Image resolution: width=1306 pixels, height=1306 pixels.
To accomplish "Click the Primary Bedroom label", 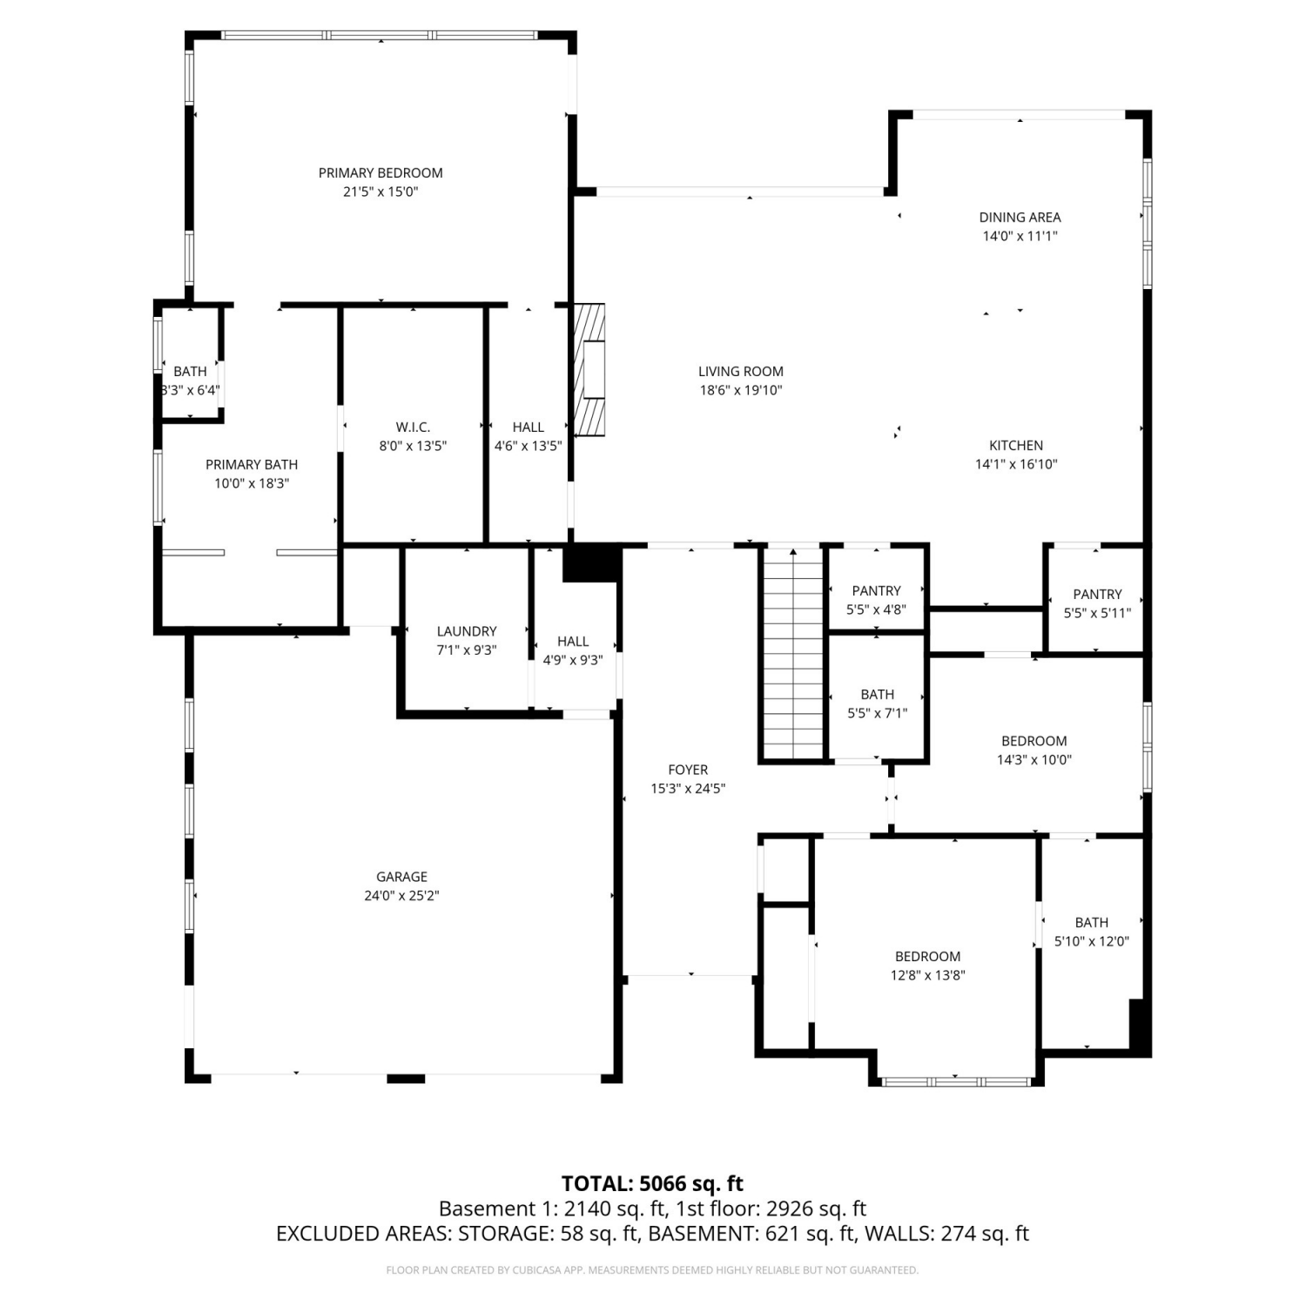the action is click(380, 172).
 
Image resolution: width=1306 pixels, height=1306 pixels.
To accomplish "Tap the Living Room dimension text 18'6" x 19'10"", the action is click(741, 390).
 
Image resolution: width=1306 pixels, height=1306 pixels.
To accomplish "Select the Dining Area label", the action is click(1020, 217).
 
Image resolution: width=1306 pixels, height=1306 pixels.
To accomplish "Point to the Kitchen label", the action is click(1016, 445).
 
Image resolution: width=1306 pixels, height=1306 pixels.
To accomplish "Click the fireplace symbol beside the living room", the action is click(589, 370).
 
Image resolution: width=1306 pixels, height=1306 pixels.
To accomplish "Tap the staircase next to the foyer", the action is click(793, 653).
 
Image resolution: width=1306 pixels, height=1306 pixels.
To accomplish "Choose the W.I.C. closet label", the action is click(413, 427).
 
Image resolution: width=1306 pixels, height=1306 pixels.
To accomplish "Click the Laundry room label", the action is click(467, 631).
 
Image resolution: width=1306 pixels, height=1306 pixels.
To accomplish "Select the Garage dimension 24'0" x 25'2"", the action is click(401, 896).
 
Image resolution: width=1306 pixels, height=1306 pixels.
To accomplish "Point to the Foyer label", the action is click(688, 770).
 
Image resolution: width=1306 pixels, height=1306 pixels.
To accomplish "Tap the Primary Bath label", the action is click(252, 464).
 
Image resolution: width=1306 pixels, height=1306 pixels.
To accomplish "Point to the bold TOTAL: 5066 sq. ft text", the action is click(652, 1183).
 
